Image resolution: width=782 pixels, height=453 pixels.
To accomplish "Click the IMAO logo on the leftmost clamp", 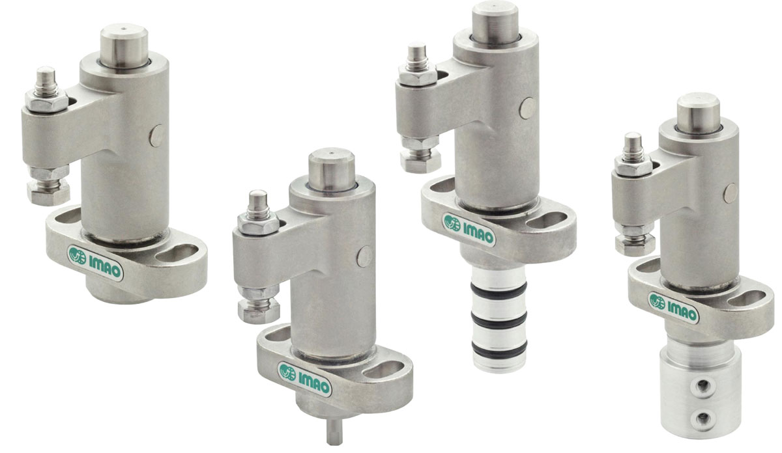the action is tap(95, 263).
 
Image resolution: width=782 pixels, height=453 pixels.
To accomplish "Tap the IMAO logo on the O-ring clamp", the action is tap(469, 230).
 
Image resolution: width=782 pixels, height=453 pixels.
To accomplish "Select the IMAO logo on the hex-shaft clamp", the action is tap(304, 379).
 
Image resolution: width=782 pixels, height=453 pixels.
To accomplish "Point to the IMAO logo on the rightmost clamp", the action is tap(673, 308).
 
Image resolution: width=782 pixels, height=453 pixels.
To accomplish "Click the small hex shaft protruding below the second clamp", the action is tap(334, 432).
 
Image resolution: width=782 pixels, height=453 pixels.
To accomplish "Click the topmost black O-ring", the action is tap(499, 289).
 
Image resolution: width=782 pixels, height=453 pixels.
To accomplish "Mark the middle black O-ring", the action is tap(499, 320).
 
